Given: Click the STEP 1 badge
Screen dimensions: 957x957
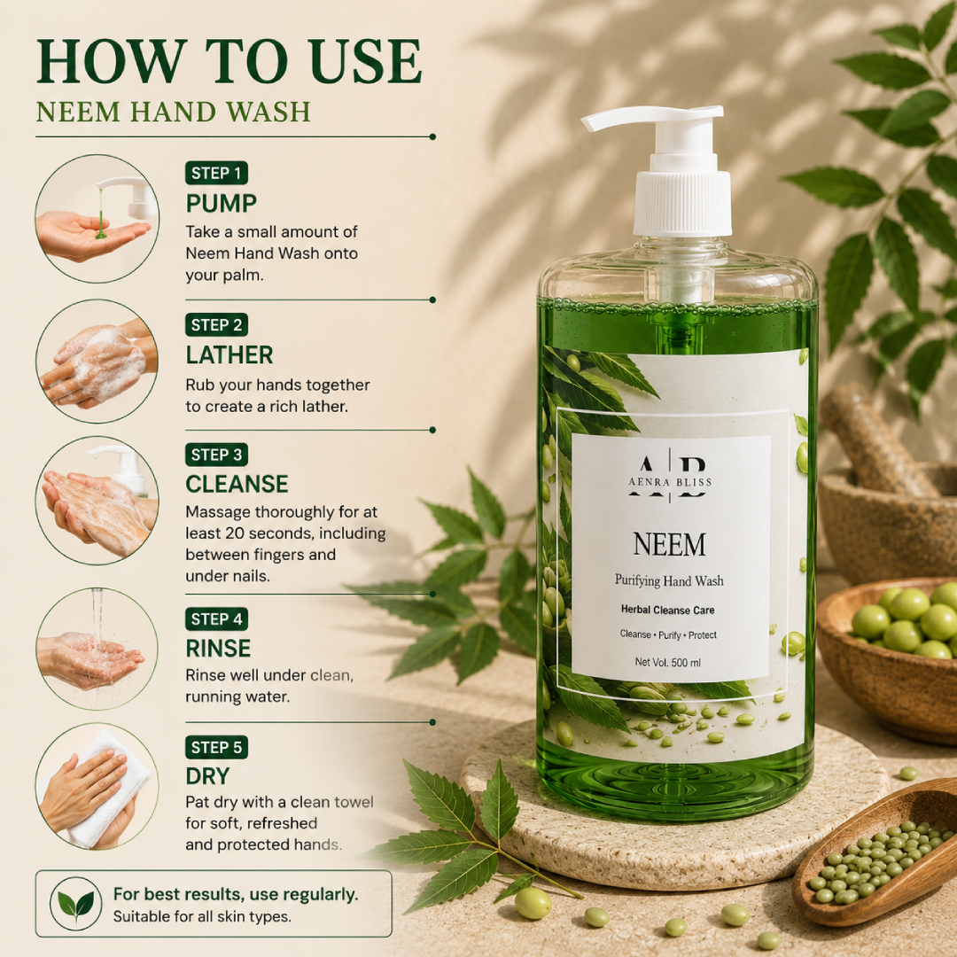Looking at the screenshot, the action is click(217, 173).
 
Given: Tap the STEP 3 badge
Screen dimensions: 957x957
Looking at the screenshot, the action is click(217, 455).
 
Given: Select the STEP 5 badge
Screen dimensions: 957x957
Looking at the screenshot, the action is click(217, 747).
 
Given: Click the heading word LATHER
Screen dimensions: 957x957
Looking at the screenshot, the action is click(230, 355).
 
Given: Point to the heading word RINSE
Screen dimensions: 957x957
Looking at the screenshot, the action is click(218, 648).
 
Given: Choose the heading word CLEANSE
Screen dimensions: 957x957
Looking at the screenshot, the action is click(237, 484).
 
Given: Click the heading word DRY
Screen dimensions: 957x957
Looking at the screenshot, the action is click(207, 776).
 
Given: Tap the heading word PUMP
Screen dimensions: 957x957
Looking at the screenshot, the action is click(221, 203).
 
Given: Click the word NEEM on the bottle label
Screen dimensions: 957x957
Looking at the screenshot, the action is click(670, 544).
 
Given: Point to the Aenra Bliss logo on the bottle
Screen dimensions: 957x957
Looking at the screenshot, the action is click(670, 475).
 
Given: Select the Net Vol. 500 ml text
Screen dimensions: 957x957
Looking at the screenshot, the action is click(668, 662).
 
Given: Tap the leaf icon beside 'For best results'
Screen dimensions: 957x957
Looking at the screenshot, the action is click(75, 904).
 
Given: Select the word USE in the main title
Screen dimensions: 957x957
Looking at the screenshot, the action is click(366, 61).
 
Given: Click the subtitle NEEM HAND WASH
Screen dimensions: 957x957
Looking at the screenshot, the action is click(174, 112).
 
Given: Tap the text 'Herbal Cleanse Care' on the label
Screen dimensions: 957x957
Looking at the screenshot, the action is click(668, 610).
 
